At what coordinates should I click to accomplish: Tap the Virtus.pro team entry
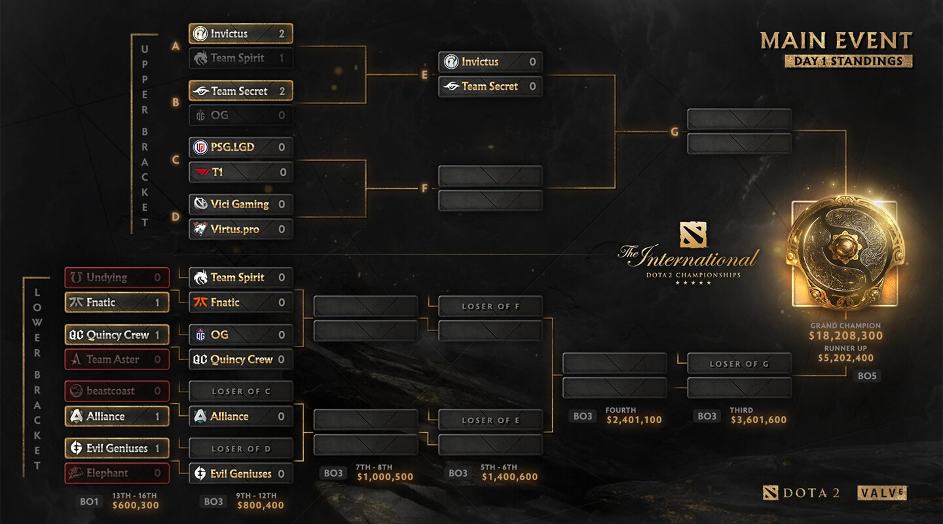click(240, 229)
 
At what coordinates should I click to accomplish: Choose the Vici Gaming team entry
click(240, 204)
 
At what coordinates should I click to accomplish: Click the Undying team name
click(107, 277)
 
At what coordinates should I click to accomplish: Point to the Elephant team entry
click(117, 473)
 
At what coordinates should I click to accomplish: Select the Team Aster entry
click(117, 359)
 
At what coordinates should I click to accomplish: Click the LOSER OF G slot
click(739, 364)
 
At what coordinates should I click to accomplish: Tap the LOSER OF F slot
click(490, 306)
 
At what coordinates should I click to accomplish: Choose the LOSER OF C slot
click(241, 391)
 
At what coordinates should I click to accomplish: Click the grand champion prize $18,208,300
click(845, 336)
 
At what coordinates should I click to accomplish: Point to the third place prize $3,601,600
click(758, 420)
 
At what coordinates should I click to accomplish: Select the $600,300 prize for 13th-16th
click(136, 505)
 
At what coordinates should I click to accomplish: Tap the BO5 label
click(867, 376)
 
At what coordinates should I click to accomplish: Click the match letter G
click(674, 132)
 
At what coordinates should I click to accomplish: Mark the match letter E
click(424, 75)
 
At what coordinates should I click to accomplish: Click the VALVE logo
click(882, 493)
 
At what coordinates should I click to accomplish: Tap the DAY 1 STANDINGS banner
click(849, 61)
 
